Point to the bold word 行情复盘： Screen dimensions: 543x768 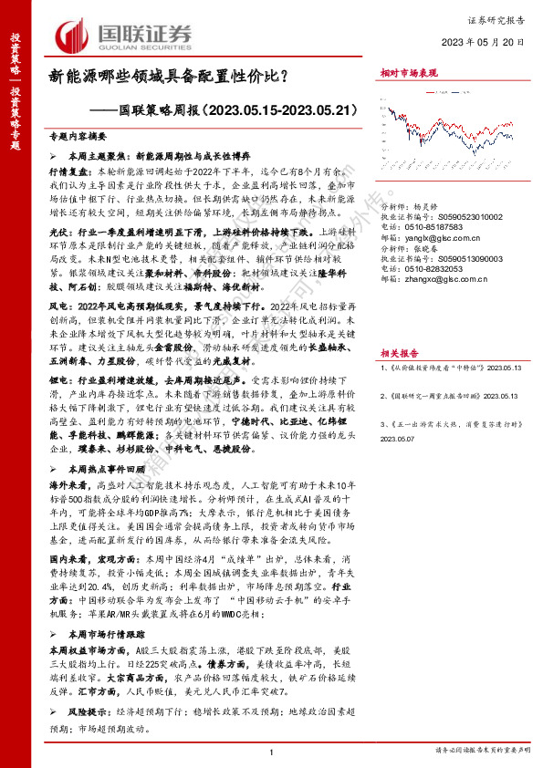click(x=68, y=170)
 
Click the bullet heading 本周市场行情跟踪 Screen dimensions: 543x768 click(x=103, y=608)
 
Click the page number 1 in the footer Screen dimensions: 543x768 click(x=273, y=752)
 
